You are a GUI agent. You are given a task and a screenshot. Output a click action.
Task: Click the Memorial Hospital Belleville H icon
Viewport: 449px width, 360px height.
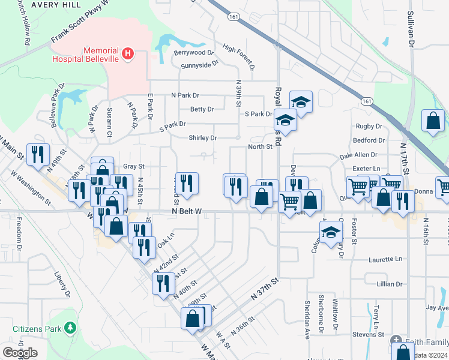tap(127, 54)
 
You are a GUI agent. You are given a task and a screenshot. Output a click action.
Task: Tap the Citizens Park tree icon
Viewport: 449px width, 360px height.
tap(71, 328)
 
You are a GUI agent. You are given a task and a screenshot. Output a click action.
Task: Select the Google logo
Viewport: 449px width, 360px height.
tap(20, 353)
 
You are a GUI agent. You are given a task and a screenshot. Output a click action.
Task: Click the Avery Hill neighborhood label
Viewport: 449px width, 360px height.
tap(40, 4)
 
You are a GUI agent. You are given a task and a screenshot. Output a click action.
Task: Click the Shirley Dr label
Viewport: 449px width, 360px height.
tap(203, 138)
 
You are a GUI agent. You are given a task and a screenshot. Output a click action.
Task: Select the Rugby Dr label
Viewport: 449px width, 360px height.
tap(369, 127)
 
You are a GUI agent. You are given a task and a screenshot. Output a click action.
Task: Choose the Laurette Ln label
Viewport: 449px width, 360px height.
tap(385, 259)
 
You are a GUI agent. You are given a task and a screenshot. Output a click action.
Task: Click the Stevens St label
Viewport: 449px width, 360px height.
tap(368, 334)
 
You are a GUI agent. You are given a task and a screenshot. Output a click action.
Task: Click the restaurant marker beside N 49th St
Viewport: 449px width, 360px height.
tap(38, 154)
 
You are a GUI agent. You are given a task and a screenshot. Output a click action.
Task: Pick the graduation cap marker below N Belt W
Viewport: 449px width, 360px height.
tap(330, 232)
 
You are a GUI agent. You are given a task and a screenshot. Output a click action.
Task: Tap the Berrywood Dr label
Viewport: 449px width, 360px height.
tap(194, 53)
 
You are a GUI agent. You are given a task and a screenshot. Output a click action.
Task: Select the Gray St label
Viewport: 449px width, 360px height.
tap(134, 166)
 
